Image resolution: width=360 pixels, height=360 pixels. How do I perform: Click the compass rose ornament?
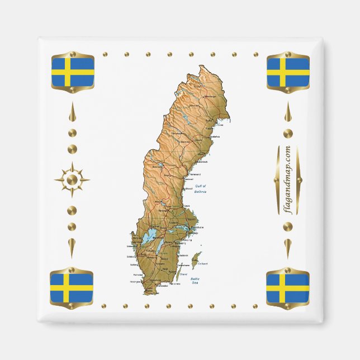click(x=72, y=180)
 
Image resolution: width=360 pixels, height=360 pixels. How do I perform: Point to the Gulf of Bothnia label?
click(x=200, y=188)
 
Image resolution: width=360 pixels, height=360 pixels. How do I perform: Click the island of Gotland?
click(x=196, y=260)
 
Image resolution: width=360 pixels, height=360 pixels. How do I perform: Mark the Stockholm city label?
click(x=197, y=228)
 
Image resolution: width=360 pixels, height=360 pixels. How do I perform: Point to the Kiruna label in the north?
click(x=197, y=87)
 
